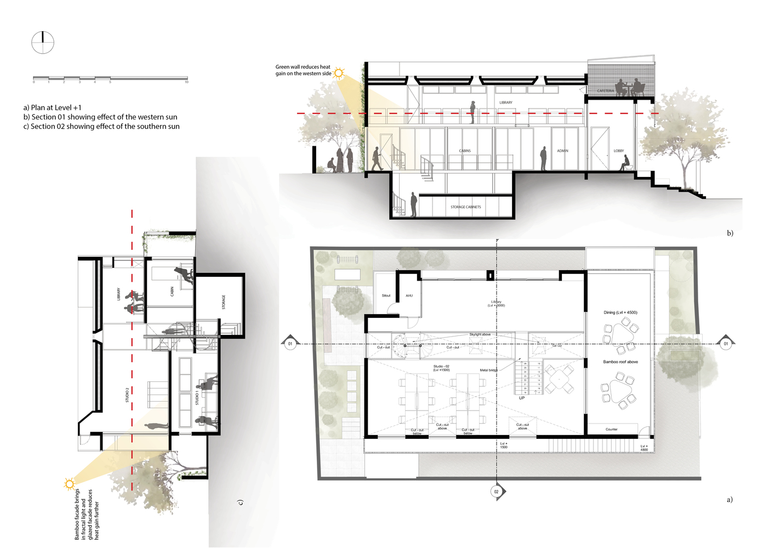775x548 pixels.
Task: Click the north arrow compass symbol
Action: (x=43, y=43)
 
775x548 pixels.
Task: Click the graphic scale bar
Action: (x=110, y=78)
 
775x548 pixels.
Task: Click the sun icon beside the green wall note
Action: (x=339, y=72)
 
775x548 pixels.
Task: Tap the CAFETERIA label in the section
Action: (x=606, y=91)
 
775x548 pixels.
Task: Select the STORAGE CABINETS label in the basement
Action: (x=465, y=207)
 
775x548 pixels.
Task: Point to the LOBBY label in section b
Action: (x=619, y=151)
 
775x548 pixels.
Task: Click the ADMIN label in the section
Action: (x=563, y=151)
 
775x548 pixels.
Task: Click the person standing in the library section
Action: (x=472, y=112)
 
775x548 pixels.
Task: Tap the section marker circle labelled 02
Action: (x=497, y=492)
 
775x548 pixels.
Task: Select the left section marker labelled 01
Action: (x=290, y=344)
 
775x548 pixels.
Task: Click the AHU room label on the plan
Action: (x=409, y=296)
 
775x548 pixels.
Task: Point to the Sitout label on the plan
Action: (x=386, y=296)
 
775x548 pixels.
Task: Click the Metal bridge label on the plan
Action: (x=489, y=370)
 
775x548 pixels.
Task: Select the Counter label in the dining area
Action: (x=612, y=430)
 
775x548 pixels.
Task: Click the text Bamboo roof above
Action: (x=620, y=362)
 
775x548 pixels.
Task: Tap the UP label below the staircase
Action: (x=522, y=398)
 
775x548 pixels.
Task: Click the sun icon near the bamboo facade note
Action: (x=69, y=484)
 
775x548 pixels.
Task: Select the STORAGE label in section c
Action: (x=224, y=302)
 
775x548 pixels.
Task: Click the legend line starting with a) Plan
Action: (x=53, y=107)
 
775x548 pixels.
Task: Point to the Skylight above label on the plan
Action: (x=480, y=334)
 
